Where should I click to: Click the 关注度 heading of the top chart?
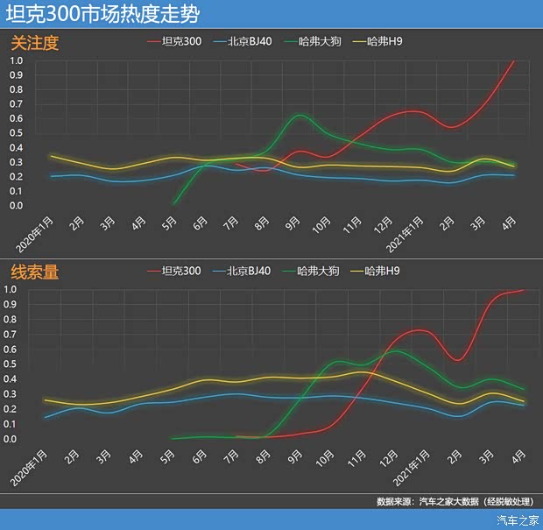(35, 42)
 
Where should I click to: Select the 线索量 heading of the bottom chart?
(35, 272)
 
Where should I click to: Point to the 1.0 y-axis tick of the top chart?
(17, 60)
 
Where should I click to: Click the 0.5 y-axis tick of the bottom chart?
(17, 364)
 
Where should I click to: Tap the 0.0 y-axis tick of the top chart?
(17, 206)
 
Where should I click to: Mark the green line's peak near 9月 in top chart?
(300, 115)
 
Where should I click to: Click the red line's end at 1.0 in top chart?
(514, 61)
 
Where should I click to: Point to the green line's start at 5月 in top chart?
(173, 203)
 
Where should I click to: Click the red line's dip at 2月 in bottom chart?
(457, 360)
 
